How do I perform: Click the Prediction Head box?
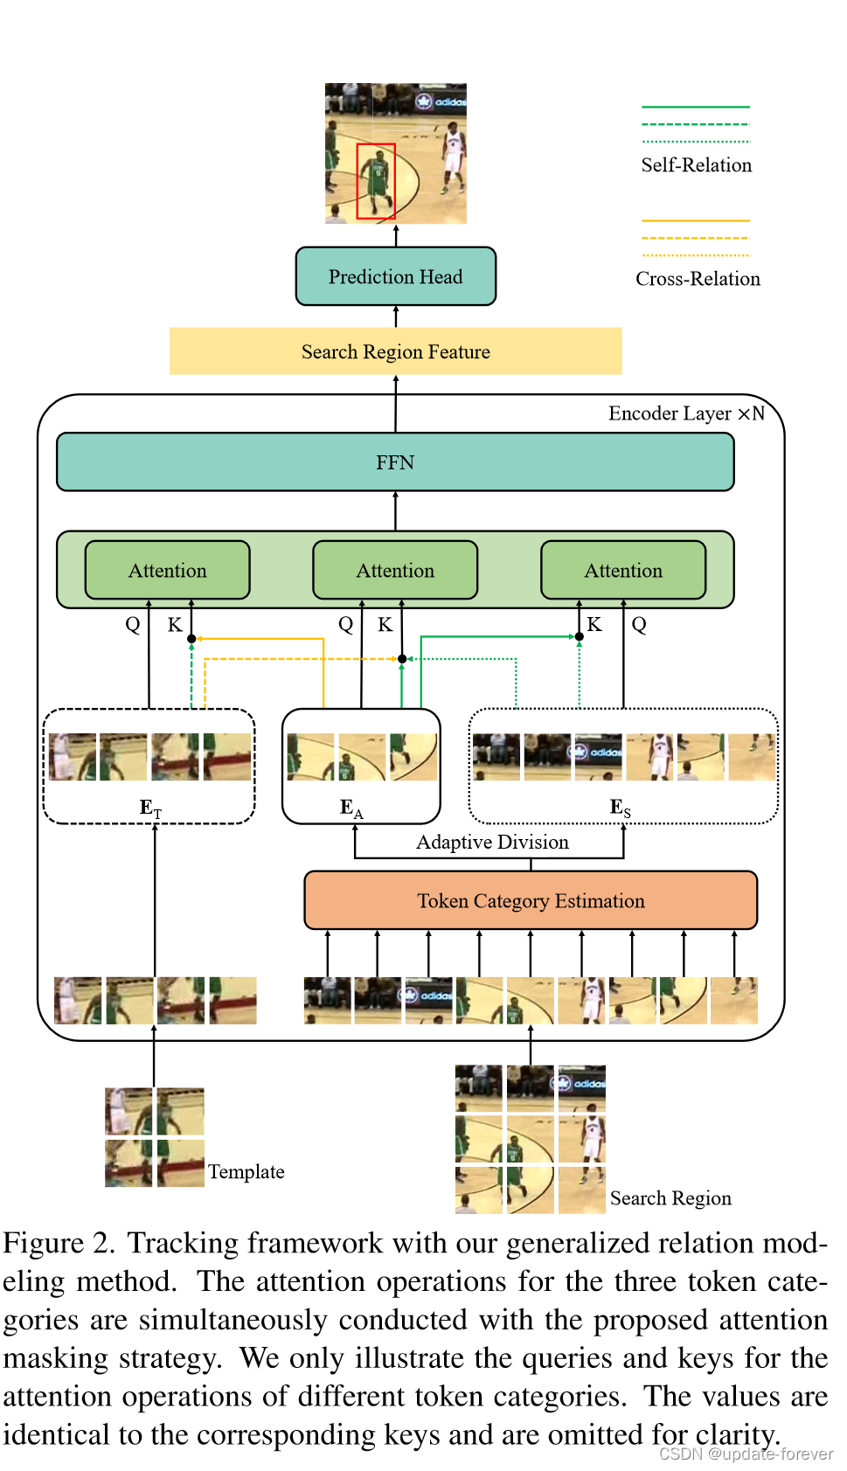click(x=395, y=277)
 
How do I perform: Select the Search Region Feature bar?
click(x=395, y=351)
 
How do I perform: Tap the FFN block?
click(x=395, y=462)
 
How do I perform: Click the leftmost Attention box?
click(x=167, y=571)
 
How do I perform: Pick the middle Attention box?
click(x=395, y=571)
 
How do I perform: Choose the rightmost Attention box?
click(x=623, y=571)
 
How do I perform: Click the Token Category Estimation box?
click(x=531, y=901)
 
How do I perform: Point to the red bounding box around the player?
click(x=376, y=181)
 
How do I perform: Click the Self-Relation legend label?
click(x=696, y=165)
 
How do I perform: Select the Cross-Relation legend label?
click(x=698, y=279)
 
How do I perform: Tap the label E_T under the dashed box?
click(x=150, y=808)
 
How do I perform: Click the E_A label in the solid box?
click(x=351, y=808)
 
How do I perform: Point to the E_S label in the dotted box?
click(x=620, y=808)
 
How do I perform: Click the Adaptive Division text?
click(x=492, y=843)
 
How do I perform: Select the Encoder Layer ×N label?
click(x=686, y=413)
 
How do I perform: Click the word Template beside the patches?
click(x=246, y=1172)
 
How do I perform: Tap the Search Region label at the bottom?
click(x=670, y=1198)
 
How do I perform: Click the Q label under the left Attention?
click(x=133, y=625)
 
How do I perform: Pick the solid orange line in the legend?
click(x=696, y=220)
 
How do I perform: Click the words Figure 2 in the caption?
click(x=59, y=1244)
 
